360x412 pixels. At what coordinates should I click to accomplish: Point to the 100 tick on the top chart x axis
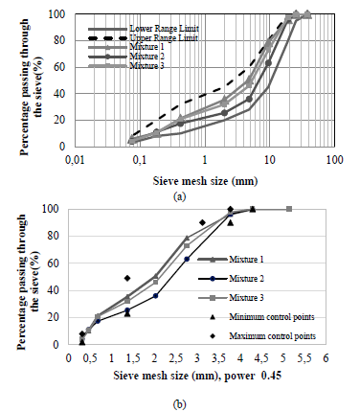coord(334,157)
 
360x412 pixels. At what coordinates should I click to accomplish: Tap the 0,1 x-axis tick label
coord(140,157)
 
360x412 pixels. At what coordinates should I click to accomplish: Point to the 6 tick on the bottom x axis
coord(326,356)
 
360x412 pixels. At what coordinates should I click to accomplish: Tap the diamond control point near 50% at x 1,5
coord(127,278)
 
